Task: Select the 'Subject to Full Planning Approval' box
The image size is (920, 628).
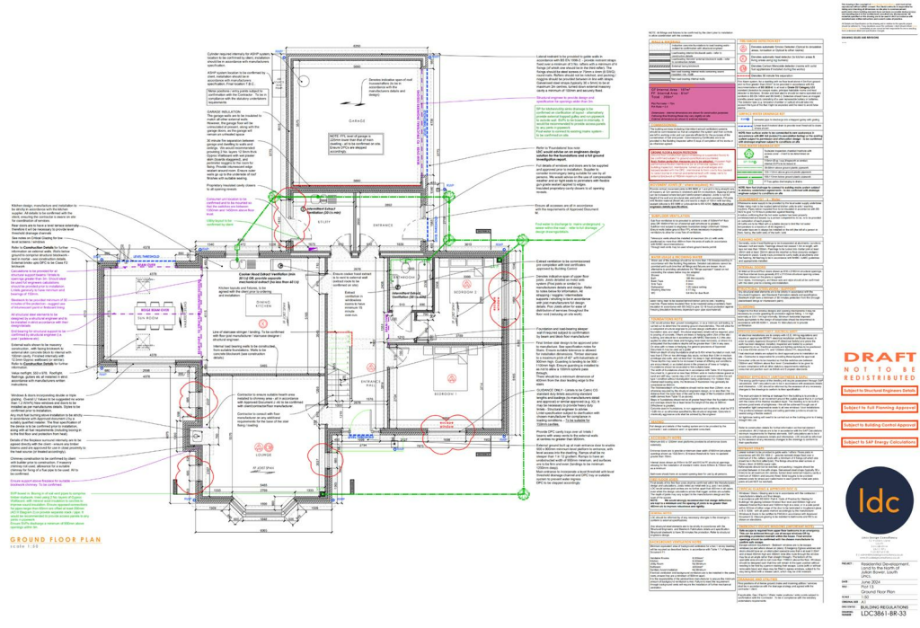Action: point(866,408)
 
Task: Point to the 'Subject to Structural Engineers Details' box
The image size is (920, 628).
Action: point(866,391)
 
